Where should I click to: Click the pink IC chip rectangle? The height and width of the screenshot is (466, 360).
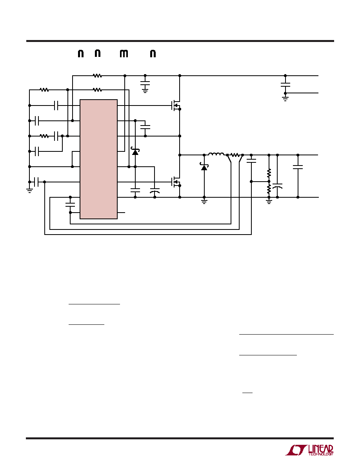pyautogui.click(x=98, y=159)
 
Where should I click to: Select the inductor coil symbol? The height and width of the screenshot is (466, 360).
pyautogui.click(x=216, y=154)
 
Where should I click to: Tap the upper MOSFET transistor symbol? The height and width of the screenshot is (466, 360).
pyautogui.click(x=176, y=106)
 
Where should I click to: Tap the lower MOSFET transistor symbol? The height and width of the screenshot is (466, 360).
pyautogui.click(x=176, y=182)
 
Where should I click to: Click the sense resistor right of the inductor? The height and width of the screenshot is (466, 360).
pyautogui.click(x=235, y=155)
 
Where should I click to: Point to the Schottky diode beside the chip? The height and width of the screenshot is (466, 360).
pyautogui.click(x=135, y=152)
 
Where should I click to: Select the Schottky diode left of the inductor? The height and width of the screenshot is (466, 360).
pyautogui.click(x=204, y=167)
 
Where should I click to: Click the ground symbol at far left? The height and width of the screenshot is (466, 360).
pyautogui.click(x=29, y=191)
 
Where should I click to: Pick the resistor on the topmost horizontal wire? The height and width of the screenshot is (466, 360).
pyautogui.click(x=97, y=76)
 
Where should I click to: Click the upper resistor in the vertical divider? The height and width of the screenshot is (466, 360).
pyautogui.click(x=269, y=173)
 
